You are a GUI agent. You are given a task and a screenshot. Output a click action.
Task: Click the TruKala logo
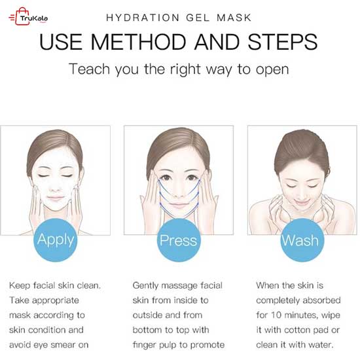(x=28, y=16)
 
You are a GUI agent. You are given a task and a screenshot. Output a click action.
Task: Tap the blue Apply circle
(x=56, y=240)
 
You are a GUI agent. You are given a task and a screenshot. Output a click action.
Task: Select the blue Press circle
(x=179, y=240)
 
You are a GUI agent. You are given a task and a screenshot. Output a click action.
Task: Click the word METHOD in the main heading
(x=138, y=42)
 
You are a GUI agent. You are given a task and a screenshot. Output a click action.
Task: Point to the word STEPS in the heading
(x=283, y=42)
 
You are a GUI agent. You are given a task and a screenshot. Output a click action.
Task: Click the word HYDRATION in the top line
(x=143, y=18)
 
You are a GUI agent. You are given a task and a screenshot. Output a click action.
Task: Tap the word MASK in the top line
(x=234, y=18)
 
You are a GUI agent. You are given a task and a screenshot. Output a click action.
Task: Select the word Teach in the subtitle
(x=90, y=69)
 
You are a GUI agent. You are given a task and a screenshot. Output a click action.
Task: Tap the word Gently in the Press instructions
(x=145, y=286)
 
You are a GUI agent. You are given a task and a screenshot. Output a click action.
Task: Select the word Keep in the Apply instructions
(x=20, y=286)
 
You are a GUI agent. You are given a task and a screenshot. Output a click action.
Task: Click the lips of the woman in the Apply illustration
(x=56, y=198)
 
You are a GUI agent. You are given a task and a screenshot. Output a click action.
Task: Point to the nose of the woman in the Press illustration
(x=179, y=193)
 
